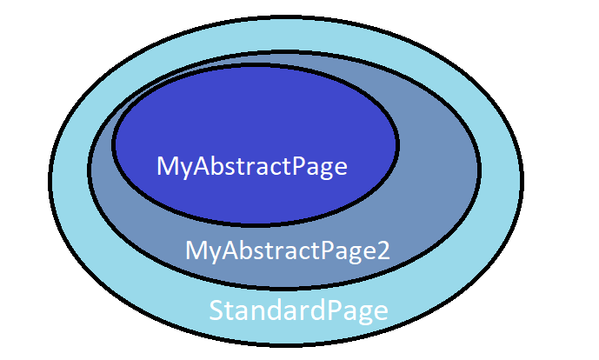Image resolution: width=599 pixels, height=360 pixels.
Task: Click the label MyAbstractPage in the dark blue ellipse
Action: [x=252, y=167]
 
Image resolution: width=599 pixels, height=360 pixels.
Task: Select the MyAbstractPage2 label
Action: [x=287, y=251]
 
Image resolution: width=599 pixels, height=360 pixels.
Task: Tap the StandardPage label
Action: [x=298, y=311]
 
